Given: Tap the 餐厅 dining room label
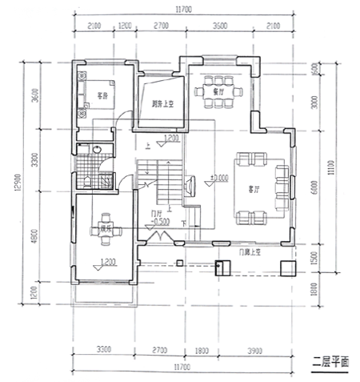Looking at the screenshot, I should click(218, 91).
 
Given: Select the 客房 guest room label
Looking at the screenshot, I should click(102, 95).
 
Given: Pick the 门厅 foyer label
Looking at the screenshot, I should click(157, 213).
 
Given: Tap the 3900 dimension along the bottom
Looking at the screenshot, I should click(254, 350).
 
